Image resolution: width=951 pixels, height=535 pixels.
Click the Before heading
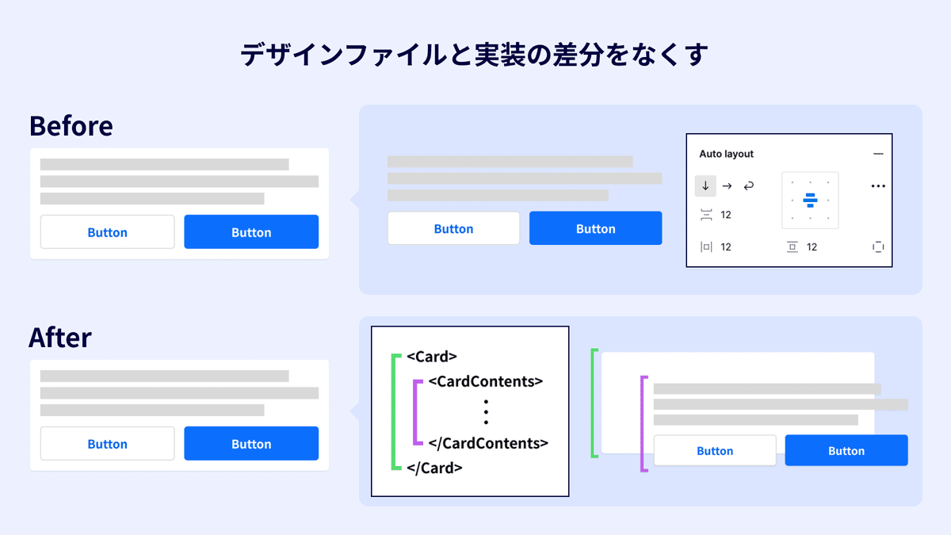click(71, 126)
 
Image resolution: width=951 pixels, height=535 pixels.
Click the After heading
click(60, 338)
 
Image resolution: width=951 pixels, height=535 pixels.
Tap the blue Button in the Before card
click(251, 232)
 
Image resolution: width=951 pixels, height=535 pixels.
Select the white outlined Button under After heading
click(107, 444)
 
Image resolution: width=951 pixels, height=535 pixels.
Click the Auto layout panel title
click(726, 154)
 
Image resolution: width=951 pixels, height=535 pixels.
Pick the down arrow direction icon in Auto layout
click(705, 185)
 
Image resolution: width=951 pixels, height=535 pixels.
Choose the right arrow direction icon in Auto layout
click(727, 185)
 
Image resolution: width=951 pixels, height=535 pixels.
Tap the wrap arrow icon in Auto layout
click(748, 185)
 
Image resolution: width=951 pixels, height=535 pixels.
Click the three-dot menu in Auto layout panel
click(877, 186)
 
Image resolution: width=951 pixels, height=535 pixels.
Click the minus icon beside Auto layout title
click(877, 154)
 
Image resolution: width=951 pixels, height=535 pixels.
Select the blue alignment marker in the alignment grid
click(810, 200)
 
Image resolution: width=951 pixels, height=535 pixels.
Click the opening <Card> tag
click(432, 357)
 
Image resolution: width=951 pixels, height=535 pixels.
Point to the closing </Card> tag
click(434, 468)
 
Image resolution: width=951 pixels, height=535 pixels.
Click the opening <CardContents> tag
click(485, 381)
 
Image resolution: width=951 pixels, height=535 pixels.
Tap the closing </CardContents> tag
click(488, 443)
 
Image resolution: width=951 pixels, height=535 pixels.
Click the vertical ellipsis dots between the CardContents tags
click(486, 412)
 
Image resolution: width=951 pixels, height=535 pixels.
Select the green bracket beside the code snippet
click(395, 412)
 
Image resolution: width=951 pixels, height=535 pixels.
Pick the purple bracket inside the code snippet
click(417, 412)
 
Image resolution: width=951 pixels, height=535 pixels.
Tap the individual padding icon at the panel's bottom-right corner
click(877, 247)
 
